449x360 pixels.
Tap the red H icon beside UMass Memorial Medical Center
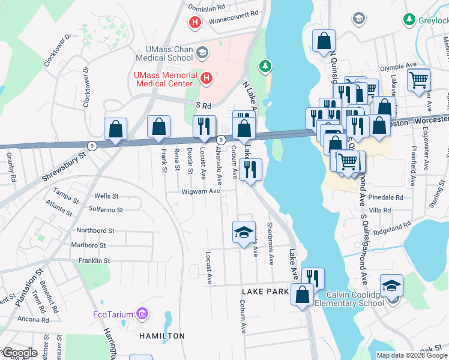point(206,78)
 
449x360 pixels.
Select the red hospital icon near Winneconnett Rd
point(194,23)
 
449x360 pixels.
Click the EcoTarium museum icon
point(142,313)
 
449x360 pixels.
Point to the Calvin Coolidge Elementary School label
point(354,298)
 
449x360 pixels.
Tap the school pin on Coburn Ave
point(244,233)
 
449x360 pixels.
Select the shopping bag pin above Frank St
point(158,127)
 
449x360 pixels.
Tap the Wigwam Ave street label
point(201,191)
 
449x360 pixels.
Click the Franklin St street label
point(94,261)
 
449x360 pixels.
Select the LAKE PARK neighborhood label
point(265,292)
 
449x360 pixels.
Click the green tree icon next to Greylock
point(409,20)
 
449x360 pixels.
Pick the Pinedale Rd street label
point(387,197)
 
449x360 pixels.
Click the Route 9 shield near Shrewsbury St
point(91,145)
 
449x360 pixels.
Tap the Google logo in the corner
point(19,353)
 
